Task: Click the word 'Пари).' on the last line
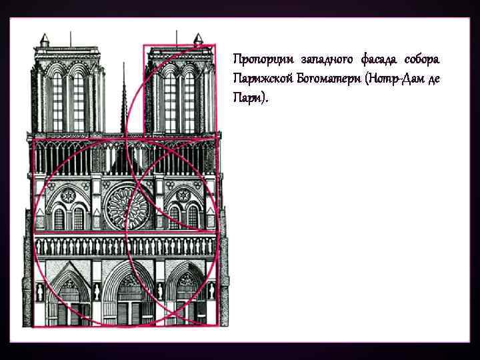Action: (252, 98)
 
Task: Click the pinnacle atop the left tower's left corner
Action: (45, 40)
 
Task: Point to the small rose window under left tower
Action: (69, 195)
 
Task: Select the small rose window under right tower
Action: (182, 195)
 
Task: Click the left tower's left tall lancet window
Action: (57, 100)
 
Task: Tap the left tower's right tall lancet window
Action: (79, 100)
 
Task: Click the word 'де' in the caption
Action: (434, 79)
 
